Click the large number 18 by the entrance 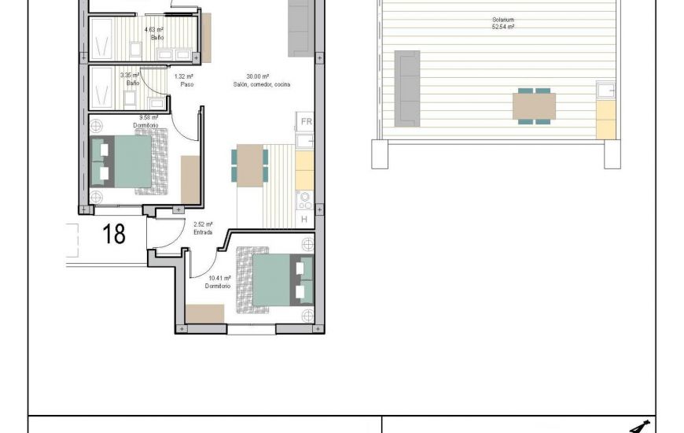[115, 234]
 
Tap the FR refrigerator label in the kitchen [306, 121]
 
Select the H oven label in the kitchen [304, 220]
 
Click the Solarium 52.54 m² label [493, 23]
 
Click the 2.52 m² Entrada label [203, 228]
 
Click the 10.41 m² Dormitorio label [218, 282]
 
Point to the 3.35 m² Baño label [131, 79]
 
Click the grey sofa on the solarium [407, 88]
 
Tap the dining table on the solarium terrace [534, 106]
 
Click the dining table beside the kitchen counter [251, 165]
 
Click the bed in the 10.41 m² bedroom [278, 279]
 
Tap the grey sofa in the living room [300, 28]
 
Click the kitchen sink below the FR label [305, 141]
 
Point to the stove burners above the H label [304, 200]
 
